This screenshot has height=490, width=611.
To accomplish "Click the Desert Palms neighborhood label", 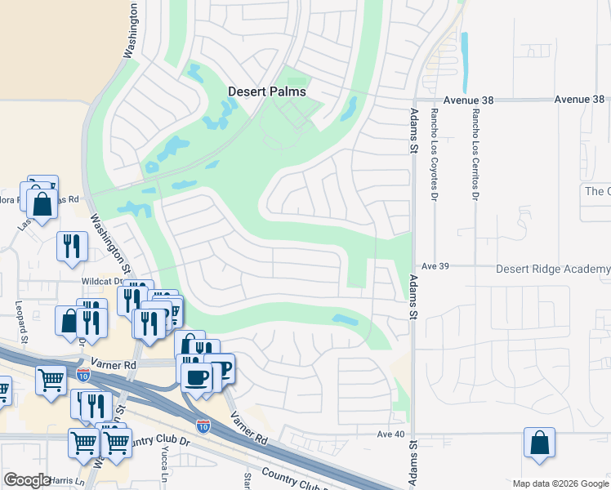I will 266,91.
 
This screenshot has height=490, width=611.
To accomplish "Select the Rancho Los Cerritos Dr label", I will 474,154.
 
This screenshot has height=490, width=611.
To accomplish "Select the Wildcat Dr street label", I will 101,281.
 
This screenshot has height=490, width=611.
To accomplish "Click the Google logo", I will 27,480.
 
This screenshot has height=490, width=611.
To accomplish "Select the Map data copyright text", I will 560,483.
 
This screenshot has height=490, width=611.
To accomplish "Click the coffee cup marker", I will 196,376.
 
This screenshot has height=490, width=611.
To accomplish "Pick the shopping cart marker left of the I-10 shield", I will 51,378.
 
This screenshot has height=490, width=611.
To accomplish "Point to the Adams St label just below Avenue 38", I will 414,131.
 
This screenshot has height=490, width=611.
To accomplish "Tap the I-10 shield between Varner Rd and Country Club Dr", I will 203,425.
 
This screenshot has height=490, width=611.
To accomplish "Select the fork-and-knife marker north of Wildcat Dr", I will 72,244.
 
